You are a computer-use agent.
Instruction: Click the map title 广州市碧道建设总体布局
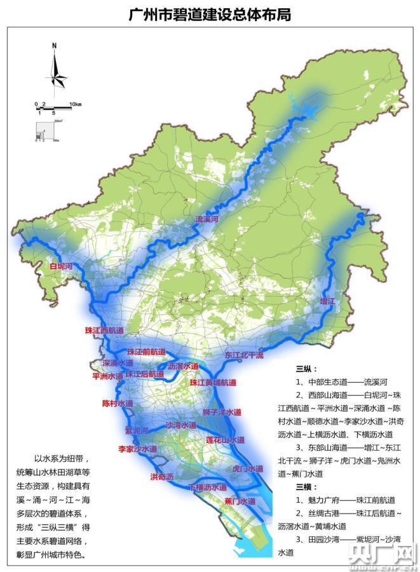[210, 14]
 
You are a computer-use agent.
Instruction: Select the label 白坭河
[62, 267]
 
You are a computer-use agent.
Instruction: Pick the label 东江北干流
[244, 355]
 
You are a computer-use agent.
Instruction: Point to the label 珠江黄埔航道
[213, 383]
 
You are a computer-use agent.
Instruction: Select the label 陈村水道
[118, 403]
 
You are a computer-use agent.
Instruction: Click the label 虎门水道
[248, 468]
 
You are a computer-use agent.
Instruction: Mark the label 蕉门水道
[240, 501]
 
